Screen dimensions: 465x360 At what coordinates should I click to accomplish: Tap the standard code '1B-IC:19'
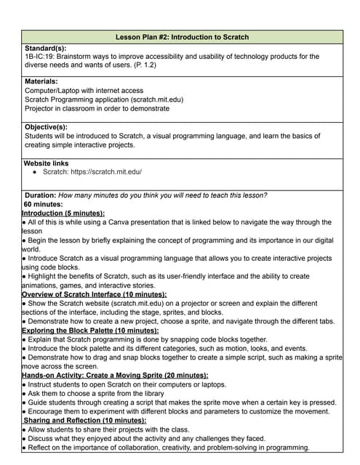coord(41,56)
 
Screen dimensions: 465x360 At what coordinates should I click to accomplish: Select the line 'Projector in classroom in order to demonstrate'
coord(97,108)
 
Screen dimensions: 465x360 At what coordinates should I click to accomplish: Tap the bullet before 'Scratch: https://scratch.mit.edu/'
coord(36,172)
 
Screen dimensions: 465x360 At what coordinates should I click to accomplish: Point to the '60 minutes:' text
coord(44,204)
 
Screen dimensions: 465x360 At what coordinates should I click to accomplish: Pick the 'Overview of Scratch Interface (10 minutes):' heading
coord(95,294)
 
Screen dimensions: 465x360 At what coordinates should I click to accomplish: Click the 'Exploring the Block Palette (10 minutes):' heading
coord(91,331)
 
